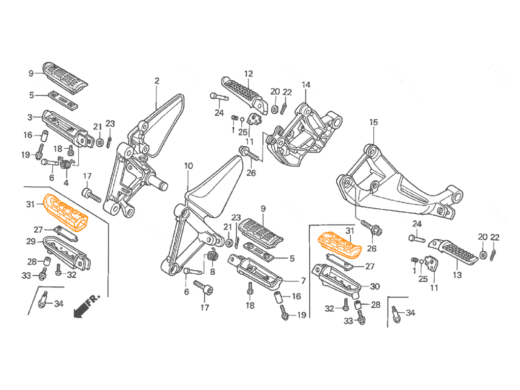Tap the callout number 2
click(x=157, y=81)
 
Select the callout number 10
click(x=188, y=166)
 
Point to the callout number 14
click(x=306, y=85)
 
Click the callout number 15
click(x=373, y=122)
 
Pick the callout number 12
click(x=248, y=74)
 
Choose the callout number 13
click(x=458, y=275)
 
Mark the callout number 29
click(x=31, y=241)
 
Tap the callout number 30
click(x=375, y=286)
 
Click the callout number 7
click(x=303, y=281)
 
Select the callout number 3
click(x=30, y=117)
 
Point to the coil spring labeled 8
click(x=213, y=256)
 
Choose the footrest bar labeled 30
click(x=336, y=279)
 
